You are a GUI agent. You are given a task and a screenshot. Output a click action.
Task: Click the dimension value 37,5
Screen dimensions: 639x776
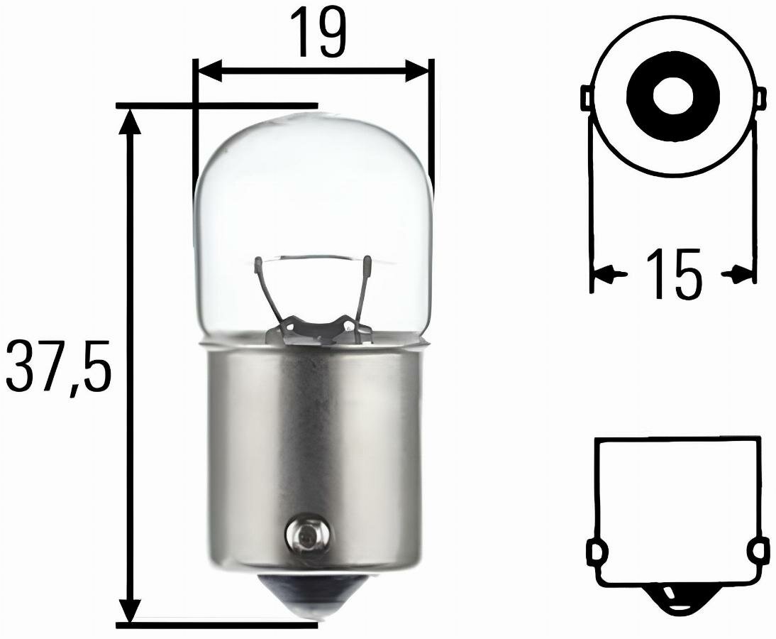click(58, 366)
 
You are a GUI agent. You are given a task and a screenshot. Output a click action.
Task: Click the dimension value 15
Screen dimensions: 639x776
click(673, 274)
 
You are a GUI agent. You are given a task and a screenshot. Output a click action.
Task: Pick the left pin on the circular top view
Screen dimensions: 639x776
click(587, 98)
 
